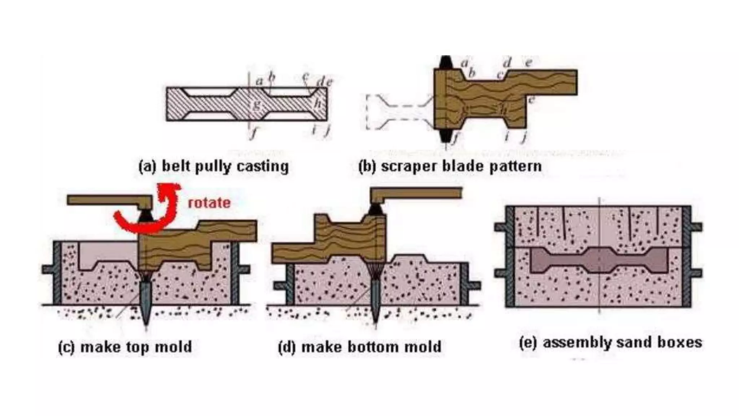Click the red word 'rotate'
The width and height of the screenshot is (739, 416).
(209, 203)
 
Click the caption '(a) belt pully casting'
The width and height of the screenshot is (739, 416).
(214, 166)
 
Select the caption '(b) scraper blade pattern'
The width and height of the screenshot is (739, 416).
(450, 166)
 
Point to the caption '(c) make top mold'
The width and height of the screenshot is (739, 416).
(125, 347)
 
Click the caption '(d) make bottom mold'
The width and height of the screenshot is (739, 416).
(360, 347)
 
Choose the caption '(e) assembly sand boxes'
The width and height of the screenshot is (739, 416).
(611, 342)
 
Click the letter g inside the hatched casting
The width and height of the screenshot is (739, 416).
(257, 105)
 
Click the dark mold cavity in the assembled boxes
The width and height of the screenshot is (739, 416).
(599, 260)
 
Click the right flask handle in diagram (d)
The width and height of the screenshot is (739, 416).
(475, 285)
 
